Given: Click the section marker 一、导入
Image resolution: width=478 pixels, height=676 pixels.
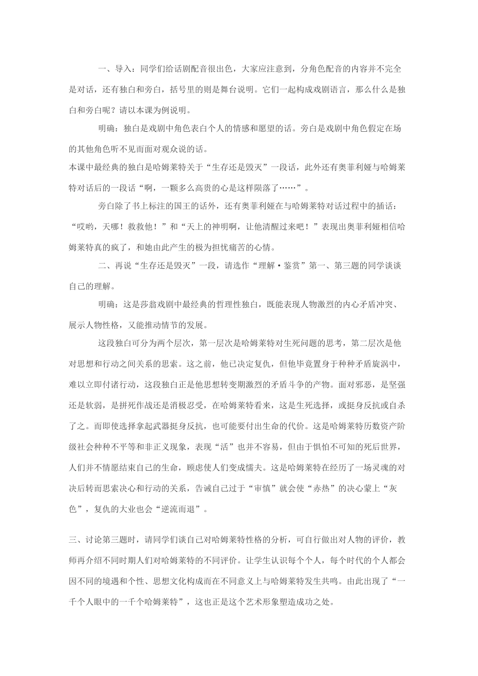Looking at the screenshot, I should click(x=115, y=68).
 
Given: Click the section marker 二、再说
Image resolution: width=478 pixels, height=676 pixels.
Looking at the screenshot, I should click(x=115, y=267).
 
